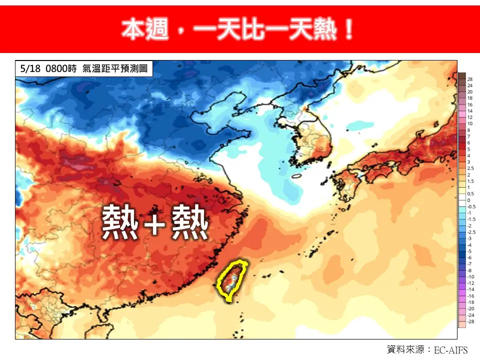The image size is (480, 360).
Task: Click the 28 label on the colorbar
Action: [x=470, y=79]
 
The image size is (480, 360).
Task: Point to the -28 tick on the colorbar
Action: [x=470, y=321]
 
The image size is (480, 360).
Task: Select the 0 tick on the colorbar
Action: [x=469, y=200]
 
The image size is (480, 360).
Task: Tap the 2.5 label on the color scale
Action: [x=470, y=168]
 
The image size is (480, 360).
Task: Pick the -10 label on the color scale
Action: [x=470, y=276]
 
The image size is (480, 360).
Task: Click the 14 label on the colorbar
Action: [x=470, y=111]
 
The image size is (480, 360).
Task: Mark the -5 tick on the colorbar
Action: [x=470, y=251]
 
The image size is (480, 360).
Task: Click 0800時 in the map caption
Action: [x=60, y=68]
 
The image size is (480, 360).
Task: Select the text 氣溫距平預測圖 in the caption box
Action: [x=115, y=68]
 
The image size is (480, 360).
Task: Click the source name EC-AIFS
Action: [x=450, y=349]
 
